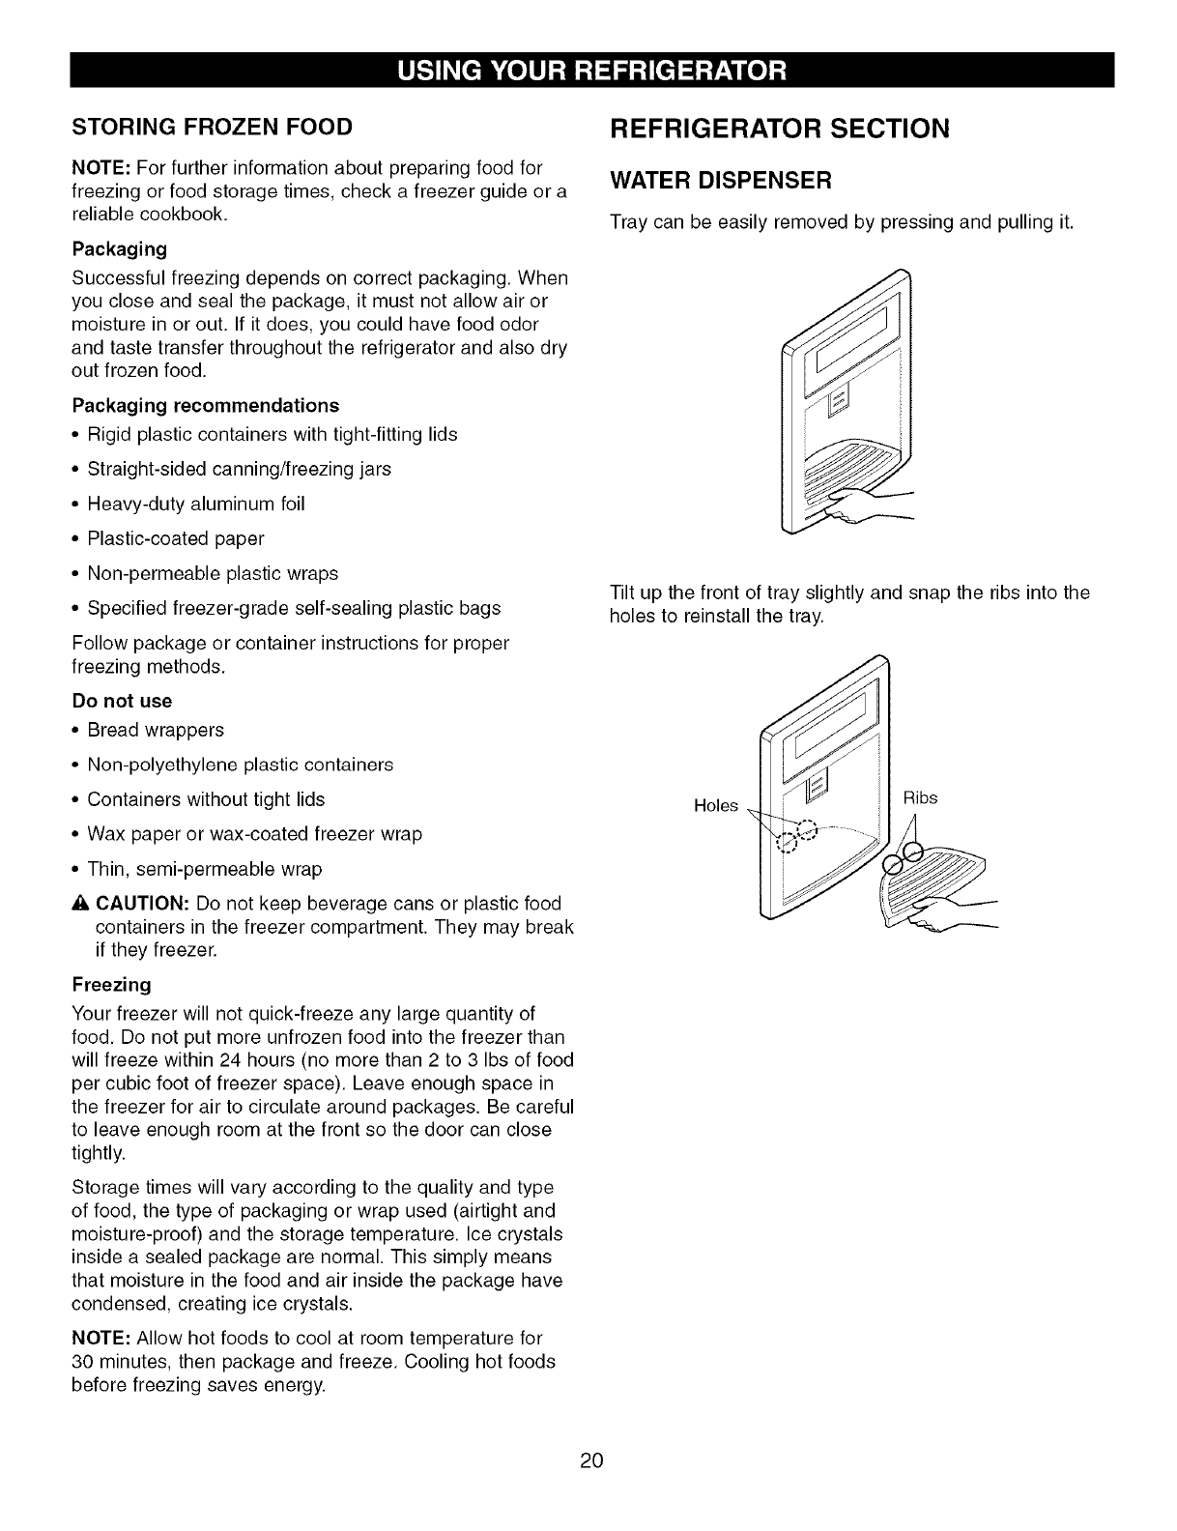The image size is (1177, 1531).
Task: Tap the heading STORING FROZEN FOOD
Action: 212,127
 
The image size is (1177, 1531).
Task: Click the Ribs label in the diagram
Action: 920,798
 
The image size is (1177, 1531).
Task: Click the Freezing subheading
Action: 112,985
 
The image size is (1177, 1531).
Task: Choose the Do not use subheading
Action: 122,701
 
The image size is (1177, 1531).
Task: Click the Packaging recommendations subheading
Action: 206,405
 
